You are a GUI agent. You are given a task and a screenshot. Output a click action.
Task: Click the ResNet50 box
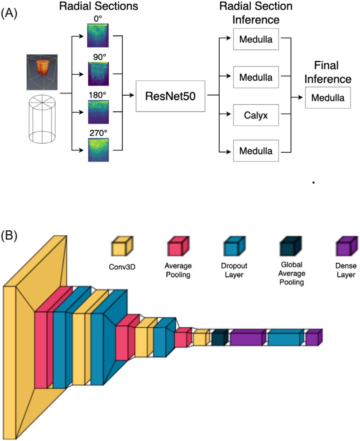[170, 96]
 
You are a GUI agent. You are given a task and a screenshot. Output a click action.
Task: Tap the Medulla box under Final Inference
[328, 97]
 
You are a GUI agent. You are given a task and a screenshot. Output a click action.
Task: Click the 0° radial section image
[97, 35]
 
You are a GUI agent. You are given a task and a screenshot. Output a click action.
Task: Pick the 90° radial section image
[97, 74]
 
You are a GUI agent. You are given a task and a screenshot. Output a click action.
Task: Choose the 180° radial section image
[97, 113]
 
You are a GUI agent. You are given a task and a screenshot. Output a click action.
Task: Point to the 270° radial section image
[97, 149]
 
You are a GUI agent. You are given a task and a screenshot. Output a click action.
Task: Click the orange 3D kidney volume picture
[41, 72]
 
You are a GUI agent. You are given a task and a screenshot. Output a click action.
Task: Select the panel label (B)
[10, 236]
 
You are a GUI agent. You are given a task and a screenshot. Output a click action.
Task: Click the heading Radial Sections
[98, 6]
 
